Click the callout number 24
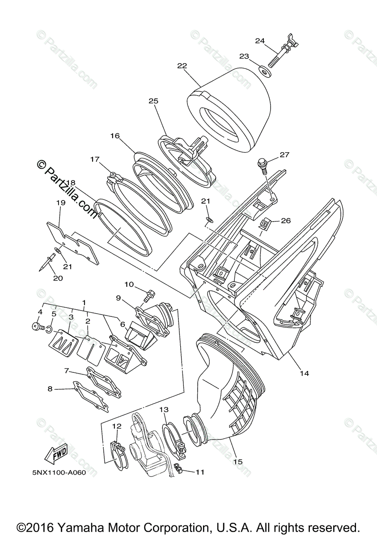(x=260, y=41)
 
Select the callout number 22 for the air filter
(x=182, y=65)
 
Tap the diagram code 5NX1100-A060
(x=59, y=472)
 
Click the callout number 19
(x=61, y=203)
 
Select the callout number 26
(x=286, y=220)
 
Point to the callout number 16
(x=115, y=136)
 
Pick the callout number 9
(x=118, y=298)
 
